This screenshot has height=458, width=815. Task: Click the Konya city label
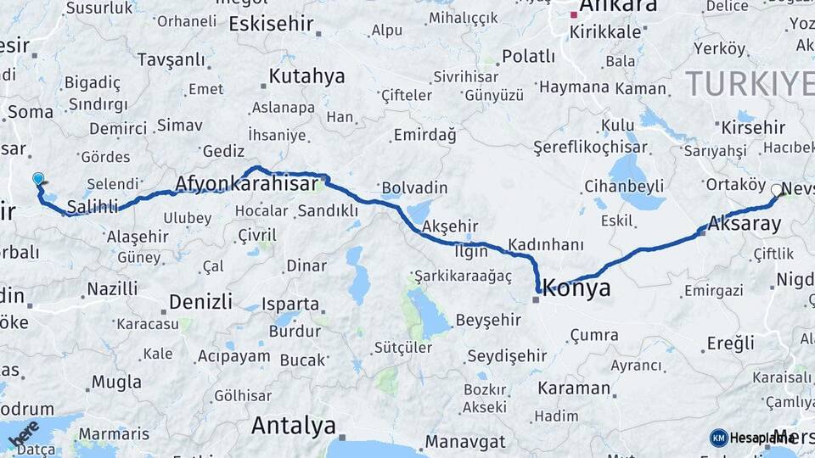(x=576, y=288)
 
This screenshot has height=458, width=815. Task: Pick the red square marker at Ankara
(x=575, y=14)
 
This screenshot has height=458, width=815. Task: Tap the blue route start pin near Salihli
(x=37, y=178)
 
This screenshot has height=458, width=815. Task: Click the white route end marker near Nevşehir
(x=776, y=190)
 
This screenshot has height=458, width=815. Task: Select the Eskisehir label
(x=272, y=23)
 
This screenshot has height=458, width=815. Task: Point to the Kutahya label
(x=306, y=76)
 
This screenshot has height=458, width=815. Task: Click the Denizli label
(x=200, y=301)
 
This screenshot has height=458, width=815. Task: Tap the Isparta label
(x=290, y=304)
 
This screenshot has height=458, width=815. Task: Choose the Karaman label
(x=574, y=388)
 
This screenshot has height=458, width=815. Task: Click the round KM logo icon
(x=718, y=438)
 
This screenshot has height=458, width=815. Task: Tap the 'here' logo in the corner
(x=23, y=433)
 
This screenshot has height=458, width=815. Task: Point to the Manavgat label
(x=464, y=442)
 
